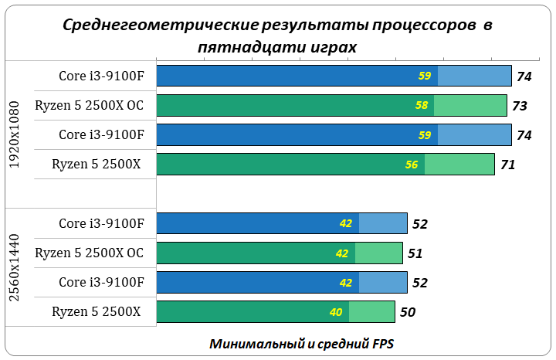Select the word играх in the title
[333, 46]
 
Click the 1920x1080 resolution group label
[15, 134]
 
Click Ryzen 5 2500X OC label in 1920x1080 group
[89, 105]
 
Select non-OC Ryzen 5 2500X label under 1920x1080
[96, 164]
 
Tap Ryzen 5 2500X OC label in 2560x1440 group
[89, 253]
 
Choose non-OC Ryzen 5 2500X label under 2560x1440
[96, 311]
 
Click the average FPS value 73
[520, 106]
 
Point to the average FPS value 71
[507, 165]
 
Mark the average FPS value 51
[415, 253]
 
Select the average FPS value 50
[407, 312]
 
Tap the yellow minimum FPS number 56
[412, 165]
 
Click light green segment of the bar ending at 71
[459, 165]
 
